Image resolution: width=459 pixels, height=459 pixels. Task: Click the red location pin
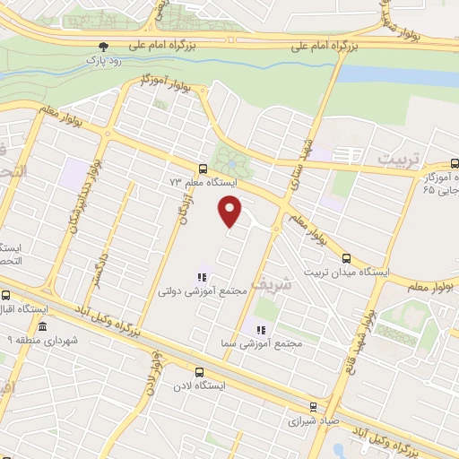click(x=230, y=210)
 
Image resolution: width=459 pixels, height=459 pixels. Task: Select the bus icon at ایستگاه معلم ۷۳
click(x=203, y=168)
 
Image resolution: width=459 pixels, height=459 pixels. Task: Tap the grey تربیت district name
click(x=397, y=159)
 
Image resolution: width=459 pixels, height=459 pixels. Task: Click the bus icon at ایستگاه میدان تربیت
click(x=372, y=259)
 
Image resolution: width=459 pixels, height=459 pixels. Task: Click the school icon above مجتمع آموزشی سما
click(x=260, y=329)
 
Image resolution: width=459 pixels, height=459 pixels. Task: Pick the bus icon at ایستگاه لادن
click(x=199, y=371)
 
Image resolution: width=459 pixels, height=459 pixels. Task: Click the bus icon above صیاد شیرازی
click(x=312, y=405)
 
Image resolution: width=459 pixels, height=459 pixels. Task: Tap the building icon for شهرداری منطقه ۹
click(x=45, y=328)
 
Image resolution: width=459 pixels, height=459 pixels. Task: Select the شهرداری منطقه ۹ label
click(x=41, y=342)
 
